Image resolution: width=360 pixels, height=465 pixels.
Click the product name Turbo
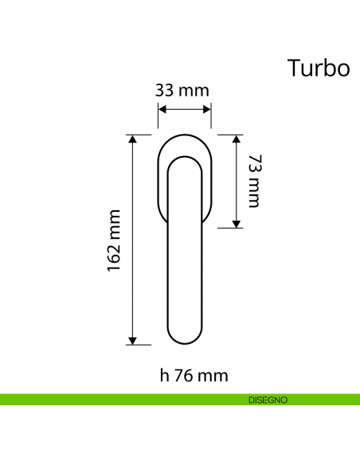(x=318, y=68)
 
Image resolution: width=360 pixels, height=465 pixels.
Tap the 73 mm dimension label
(x=253, y=181)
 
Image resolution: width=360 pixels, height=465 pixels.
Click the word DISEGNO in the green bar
(x=267, y=399)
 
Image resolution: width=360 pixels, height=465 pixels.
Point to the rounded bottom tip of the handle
(x=185, y=342)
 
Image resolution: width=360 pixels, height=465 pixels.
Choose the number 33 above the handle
(x=165, y=90)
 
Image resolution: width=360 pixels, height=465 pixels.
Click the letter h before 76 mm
(x=163, y=374)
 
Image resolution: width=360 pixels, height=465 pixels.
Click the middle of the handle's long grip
(x=185, y=255)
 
